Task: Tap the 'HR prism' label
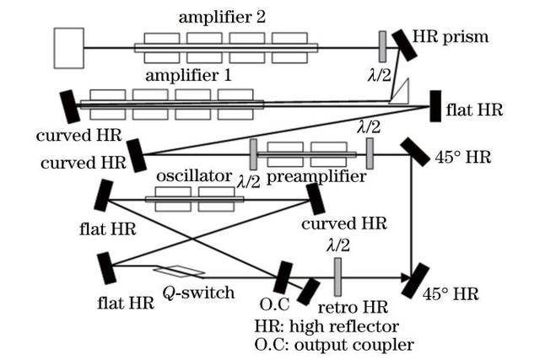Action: [x=451, y=38]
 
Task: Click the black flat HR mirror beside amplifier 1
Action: [x=436, y=105]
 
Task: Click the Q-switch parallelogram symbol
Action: [x=179, y=271]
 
